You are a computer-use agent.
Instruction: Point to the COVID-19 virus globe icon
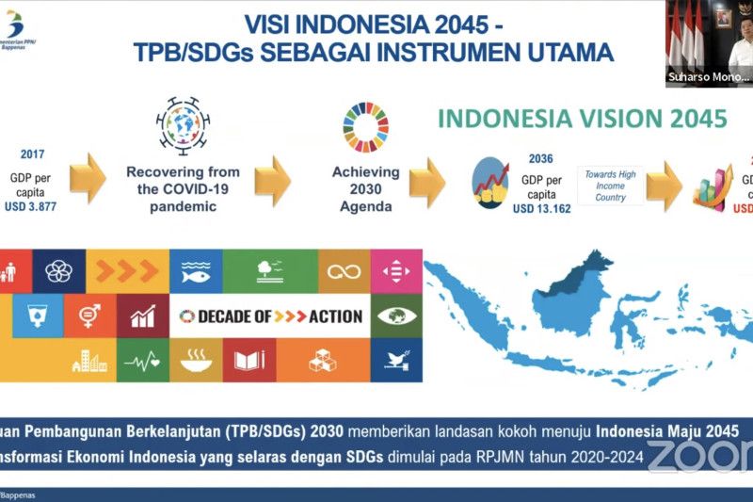(x=183, y=128)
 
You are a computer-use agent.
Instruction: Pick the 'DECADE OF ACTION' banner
(x=270, y=316)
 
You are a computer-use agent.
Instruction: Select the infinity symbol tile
(x=344, y=271)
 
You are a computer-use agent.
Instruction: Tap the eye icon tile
(x=396, y=316)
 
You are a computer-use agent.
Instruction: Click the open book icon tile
(x=249, y=360)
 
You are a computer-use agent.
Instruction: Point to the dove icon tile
(x=396, y=360)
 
